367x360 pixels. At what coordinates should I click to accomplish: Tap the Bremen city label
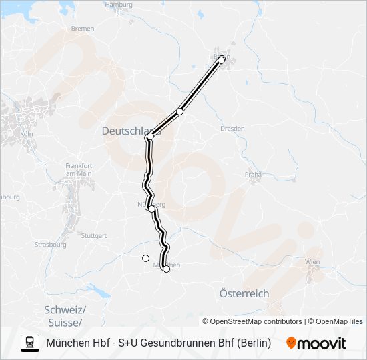pos(83,29)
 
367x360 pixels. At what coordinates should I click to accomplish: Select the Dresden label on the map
pos(232,128)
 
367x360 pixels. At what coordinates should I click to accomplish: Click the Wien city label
pos(312,262)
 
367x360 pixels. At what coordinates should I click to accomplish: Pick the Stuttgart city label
pos(93,235)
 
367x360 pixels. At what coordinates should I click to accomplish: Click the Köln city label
pos(27,134)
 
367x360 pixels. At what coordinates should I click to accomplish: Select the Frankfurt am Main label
pos(79,169)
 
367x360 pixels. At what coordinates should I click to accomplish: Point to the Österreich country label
pos(244,293)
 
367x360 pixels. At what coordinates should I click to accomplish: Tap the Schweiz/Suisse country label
pos(65,316)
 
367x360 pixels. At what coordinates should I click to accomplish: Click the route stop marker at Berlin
pos(222,60)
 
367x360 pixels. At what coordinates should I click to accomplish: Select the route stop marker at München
pos(166,269)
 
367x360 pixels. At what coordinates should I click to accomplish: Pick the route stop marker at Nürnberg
pos(153,209)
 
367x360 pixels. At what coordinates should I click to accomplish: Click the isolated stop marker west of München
pos(145,258)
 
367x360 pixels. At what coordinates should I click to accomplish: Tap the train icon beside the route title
pos(30,343)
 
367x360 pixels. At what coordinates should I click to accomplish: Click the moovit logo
pos(316,343)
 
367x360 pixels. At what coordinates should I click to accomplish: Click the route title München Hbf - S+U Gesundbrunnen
pos(159,343)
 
